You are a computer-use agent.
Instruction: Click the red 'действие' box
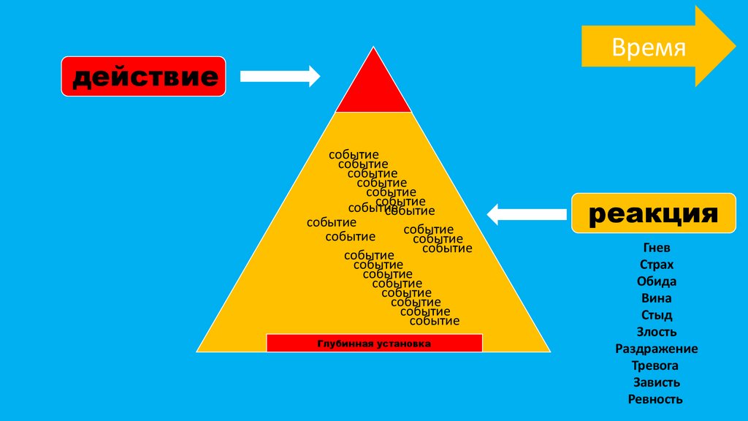(143, 76)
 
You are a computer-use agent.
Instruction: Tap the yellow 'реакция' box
(653, 213)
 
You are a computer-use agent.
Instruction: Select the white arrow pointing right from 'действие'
(280, 75)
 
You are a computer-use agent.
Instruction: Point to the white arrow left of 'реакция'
(526, 214)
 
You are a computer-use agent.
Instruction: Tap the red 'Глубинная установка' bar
(374, 343)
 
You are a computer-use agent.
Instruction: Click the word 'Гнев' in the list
(655, 248)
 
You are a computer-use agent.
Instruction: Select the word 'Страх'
(655, 265)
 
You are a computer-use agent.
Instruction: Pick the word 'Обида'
(655, 281)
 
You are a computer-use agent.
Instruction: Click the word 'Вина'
(655, 298)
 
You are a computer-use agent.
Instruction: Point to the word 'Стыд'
(655, 315)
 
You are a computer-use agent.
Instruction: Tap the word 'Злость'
(655, 332)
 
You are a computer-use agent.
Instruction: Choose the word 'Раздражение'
(655, 349)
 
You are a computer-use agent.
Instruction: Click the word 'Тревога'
(655, 365)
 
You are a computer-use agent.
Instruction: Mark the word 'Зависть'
(655, 382)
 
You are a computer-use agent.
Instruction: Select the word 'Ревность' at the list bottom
(655, 399)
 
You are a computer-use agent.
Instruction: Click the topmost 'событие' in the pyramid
(354, 155)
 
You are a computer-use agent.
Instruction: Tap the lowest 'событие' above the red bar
(435, 321)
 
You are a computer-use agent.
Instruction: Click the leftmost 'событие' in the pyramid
(332, 222)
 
